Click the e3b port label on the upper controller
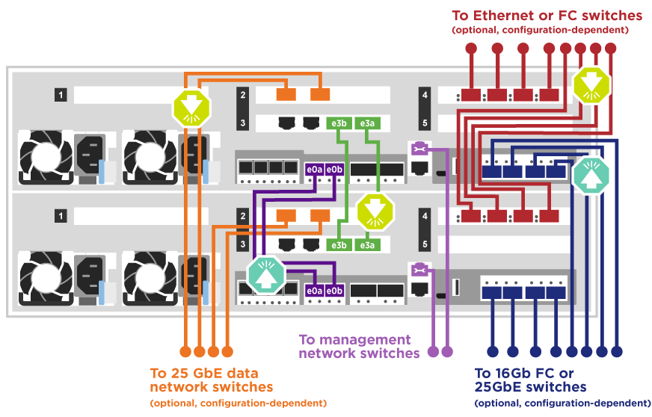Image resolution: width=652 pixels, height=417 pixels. (339, 123)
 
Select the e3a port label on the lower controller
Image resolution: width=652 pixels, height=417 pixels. (366, 244)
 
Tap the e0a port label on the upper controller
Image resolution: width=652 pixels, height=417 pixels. (314, 170)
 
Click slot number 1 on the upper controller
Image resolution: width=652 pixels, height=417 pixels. (60, 95)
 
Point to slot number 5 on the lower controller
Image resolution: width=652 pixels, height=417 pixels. (425, 244)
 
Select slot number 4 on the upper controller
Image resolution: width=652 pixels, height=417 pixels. (425, 95)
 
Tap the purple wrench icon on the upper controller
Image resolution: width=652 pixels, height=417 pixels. (418, 148)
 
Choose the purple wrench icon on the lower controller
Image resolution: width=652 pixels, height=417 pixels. (418, 268)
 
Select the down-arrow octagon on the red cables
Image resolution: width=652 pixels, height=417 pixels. (591, 84)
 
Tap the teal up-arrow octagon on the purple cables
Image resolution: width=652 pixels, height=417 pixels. (266, 274)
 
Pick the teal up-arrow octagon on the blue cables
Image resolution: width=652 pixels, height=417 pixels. (591, 173)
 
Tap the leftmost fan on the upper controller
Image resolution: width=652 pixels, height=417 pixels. (43, 156)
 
